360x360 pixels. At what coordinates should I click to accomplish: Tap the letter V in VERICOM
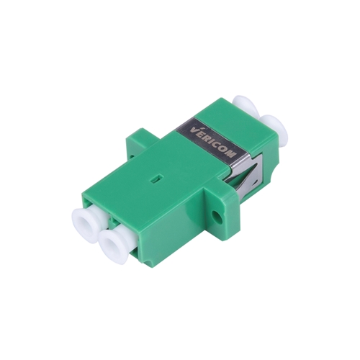click(x=194, y=130)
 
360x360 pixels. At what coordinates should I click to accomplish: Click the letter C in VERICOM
click(x=217, y=144)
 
